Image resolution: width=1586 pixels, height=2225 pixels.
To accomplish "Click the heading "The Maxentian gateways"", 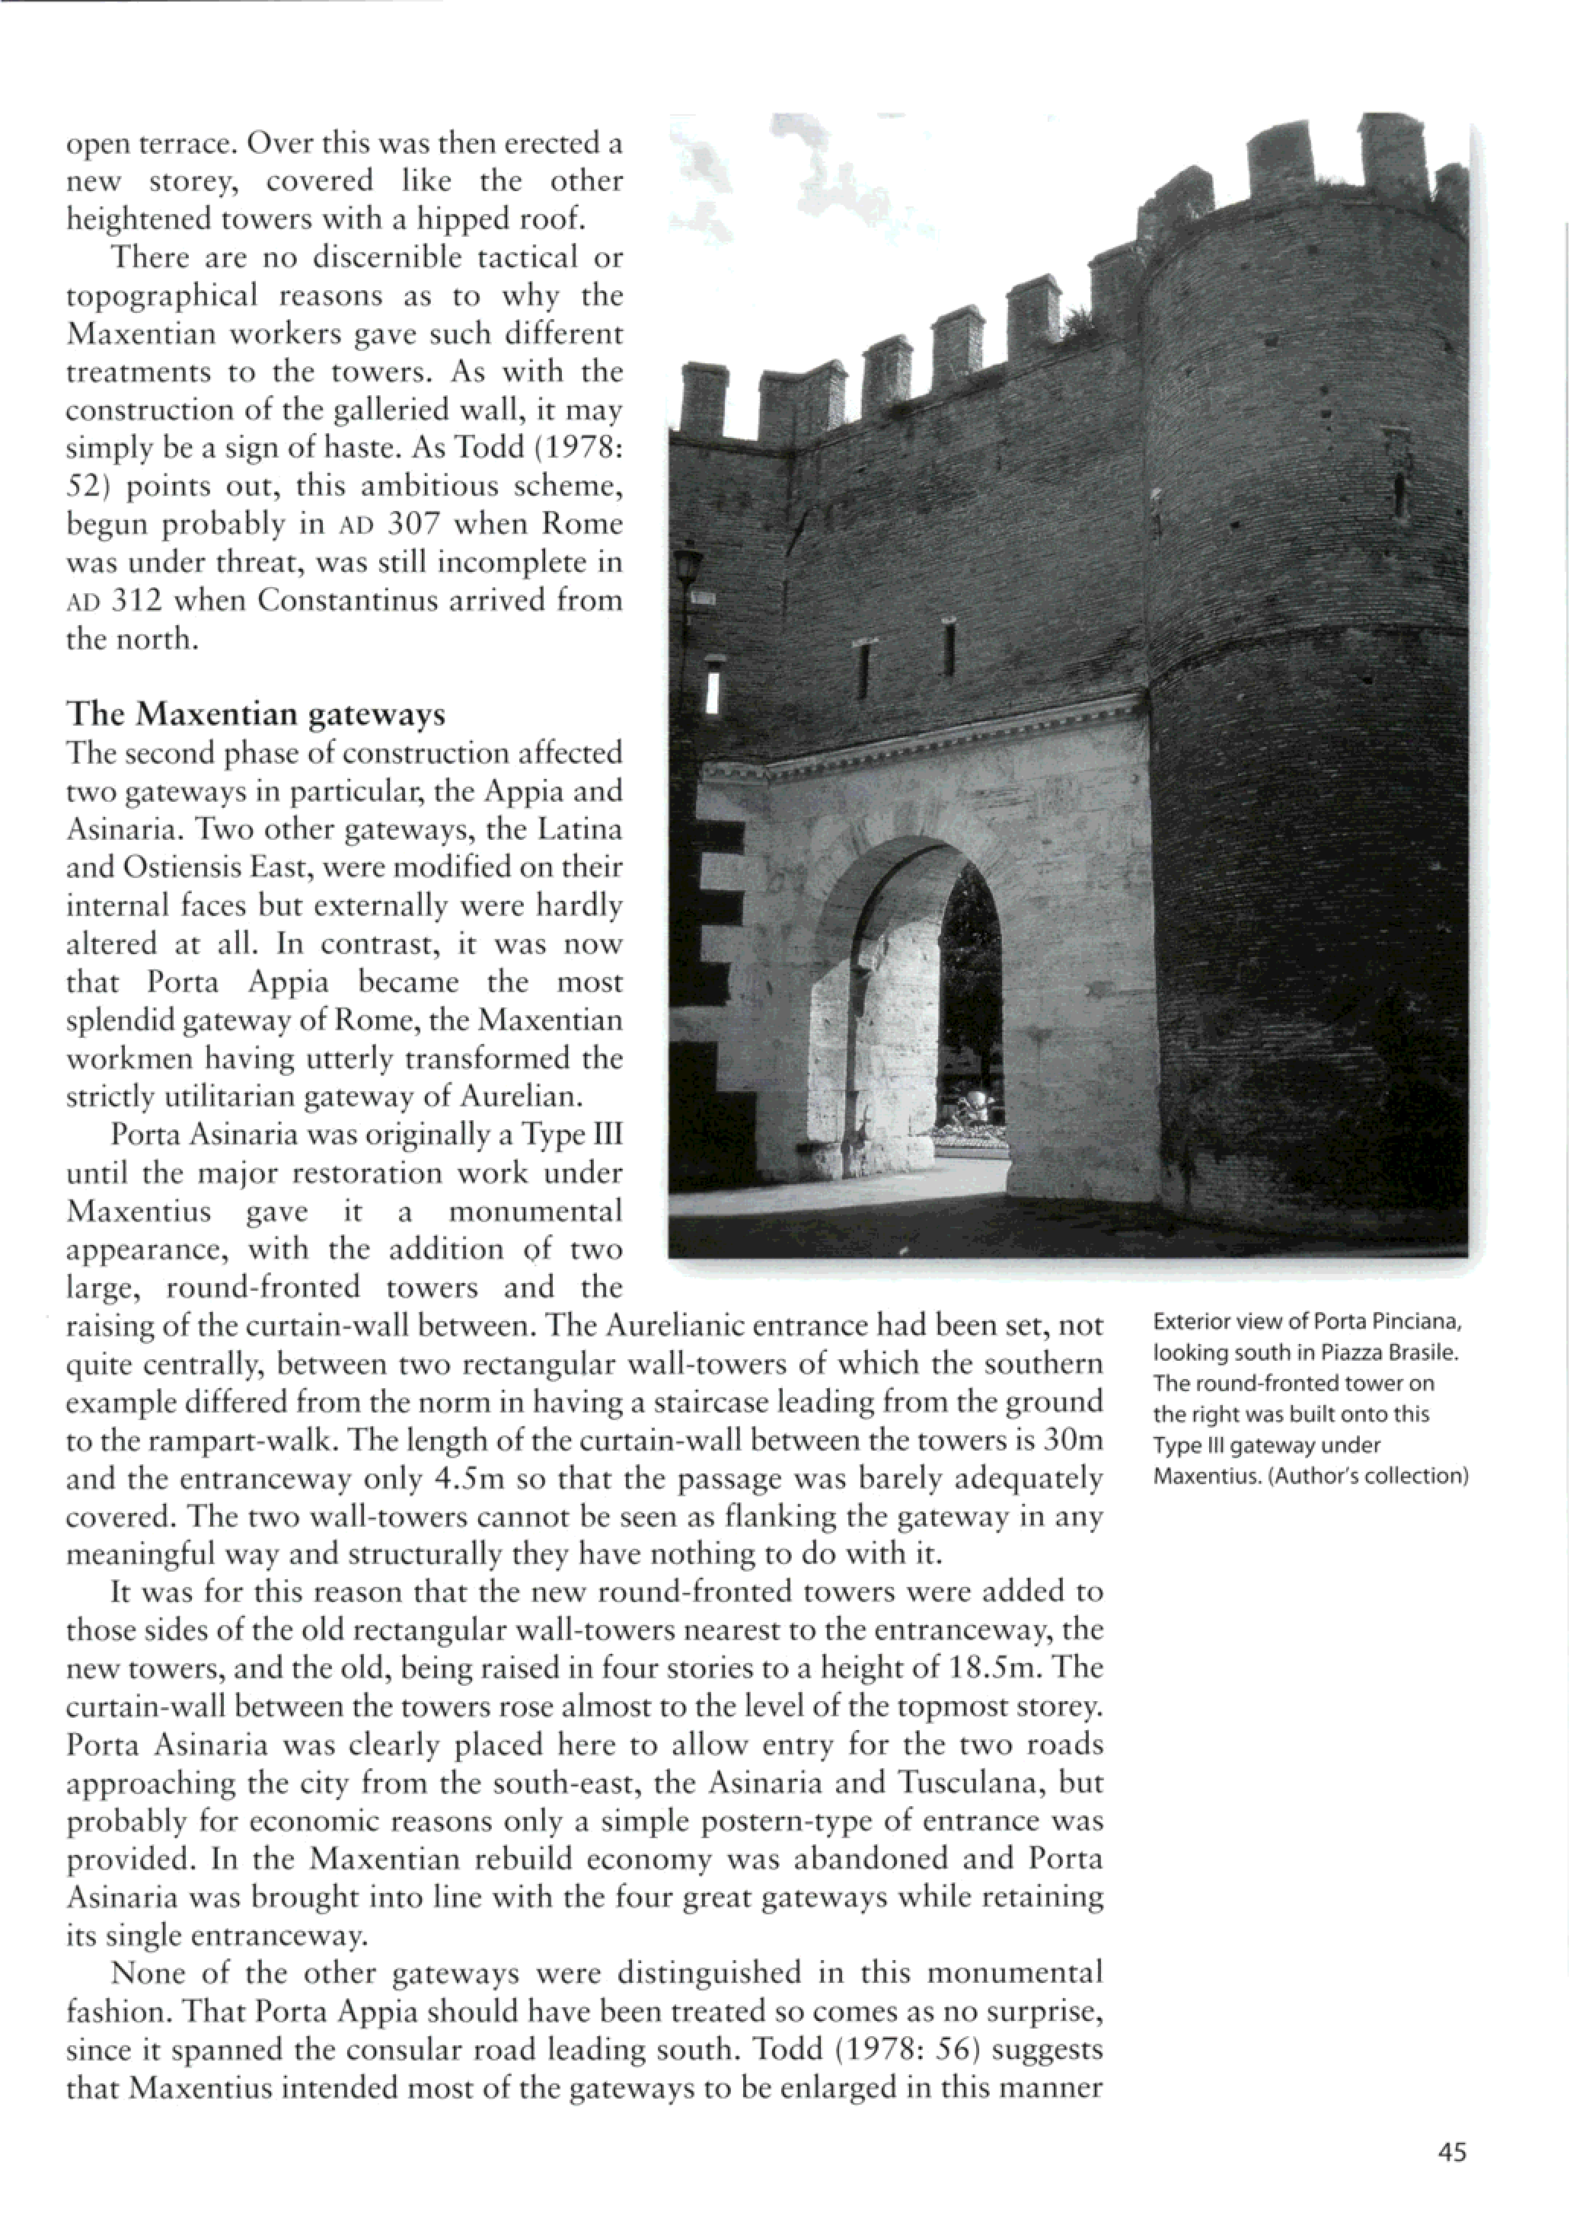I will [x=255, y=714].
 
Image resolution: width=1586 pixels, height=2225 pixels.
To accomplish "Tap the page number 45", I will [x=1452, y=2153].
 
